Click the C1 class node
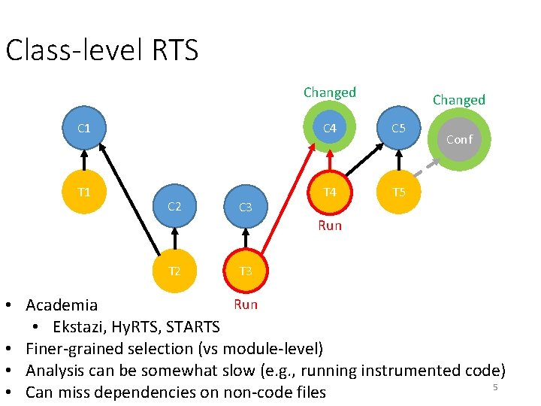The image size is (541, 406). tap(84, 129)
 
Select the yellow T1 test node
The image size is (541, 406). tap(84, 192)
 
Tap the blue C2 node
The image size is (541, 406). tap(174, 206)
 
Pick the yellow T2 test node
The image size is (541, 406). tap(174, 271)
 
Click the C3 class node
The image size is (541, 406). tap(245, 207)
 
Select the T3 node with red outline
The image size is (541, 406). tap(245, 271)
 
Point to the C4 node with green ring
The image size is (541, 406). tap(329, 129)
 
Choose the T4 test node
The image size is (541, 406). tap(329, 192)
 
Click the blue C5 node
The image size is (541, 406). tap(398, 129)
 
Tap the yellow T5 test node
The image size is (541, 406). tap(398, 192)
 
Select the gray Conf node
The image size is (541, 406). tap(459, 139)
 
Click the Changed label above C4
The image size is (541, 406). tap(329, 92)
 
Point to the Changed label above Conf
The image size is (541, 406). tap(458, 100)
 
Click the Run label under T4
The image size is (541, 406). tap(329, 226)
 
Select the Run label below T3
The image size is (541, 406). tap(246, 304)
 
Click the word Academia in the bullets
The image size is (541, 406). tap(62, 305)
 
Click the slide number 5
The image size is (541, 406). tap(495, 386)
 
